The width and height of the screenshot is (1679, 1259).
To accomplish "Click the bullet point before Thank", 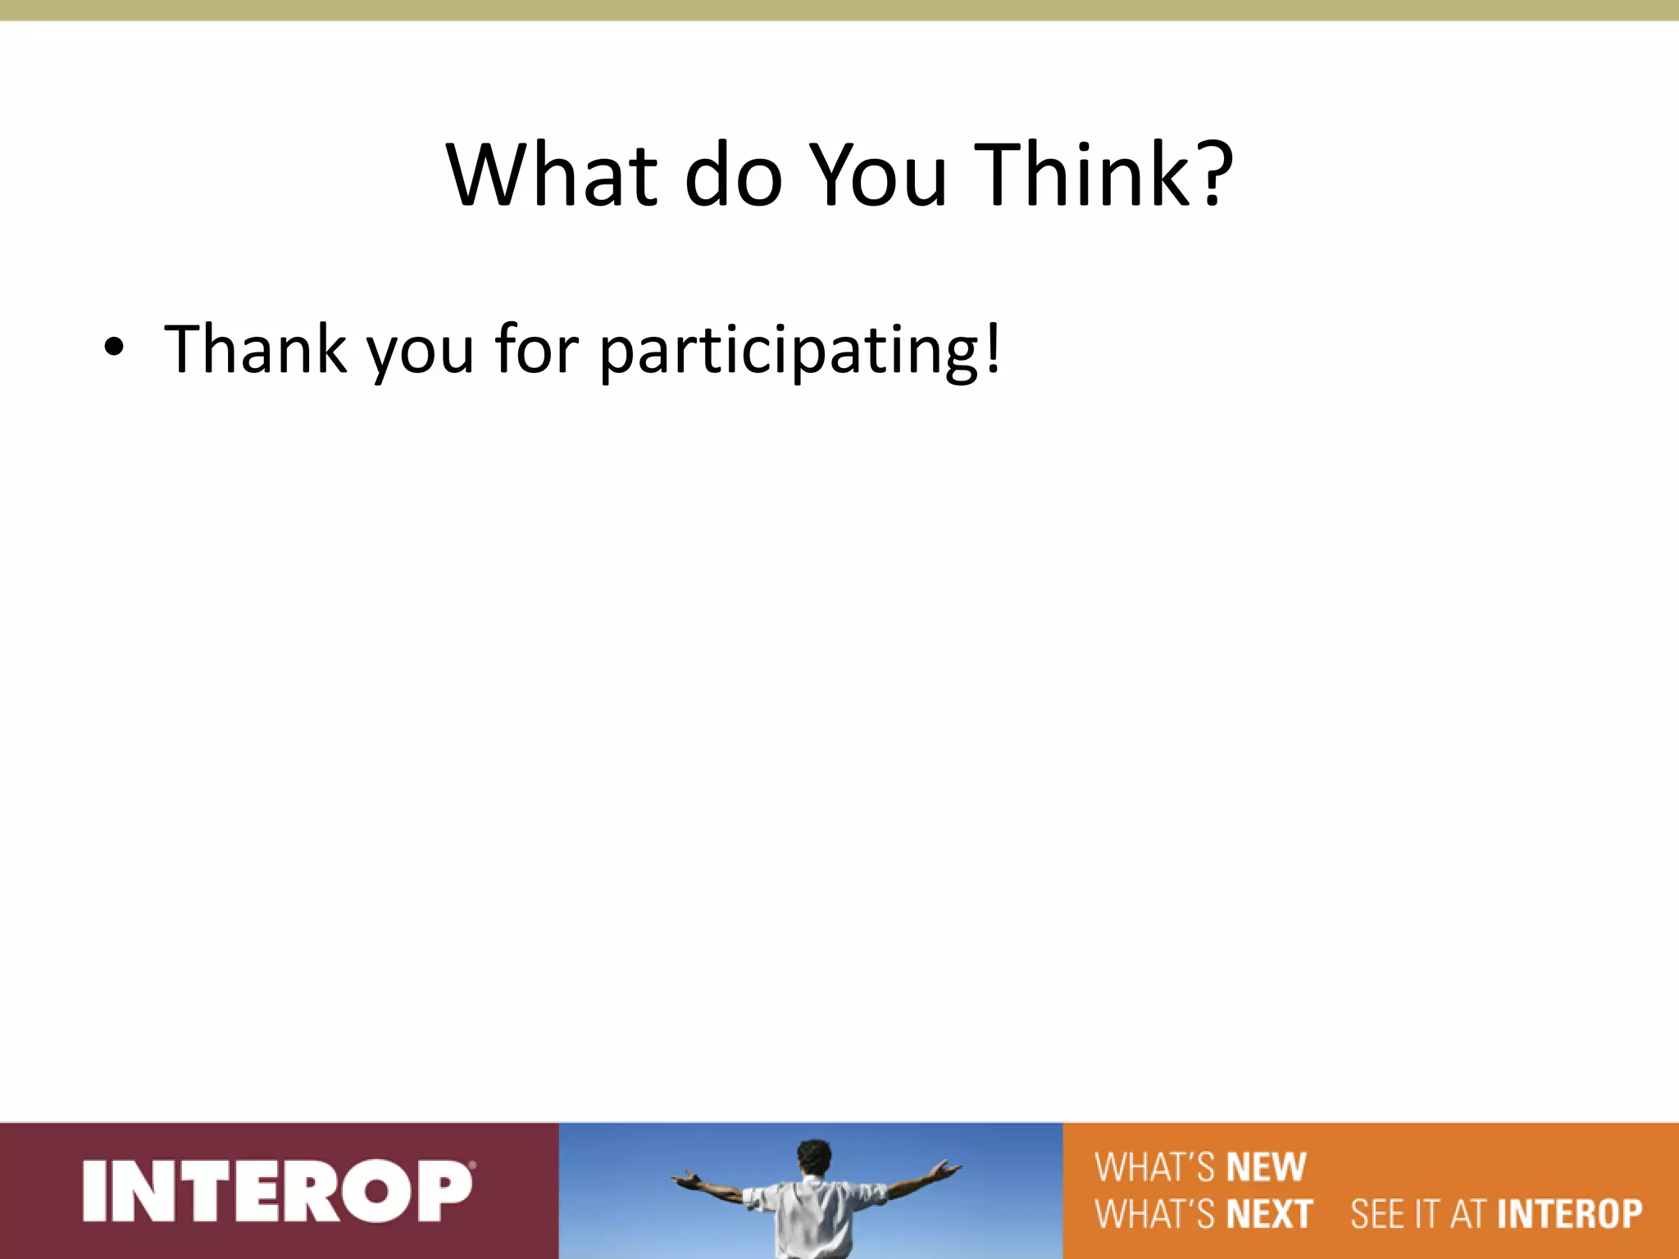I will coord(114,349).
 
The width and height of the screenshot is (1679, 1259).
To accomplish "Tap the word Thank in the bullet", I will coord(255,349).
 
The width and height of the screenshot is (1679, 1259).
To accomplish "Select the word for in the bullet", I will coord(537,349).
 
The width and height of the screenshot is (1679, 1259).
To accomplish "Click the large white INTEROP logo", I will coord(276,1191).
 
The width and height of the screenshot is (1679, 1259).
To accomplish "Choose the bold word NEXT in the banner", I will coord(1270,1214).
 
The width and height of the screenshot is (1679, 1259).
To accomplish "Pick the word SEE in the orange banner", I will coord(1377,1214).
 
